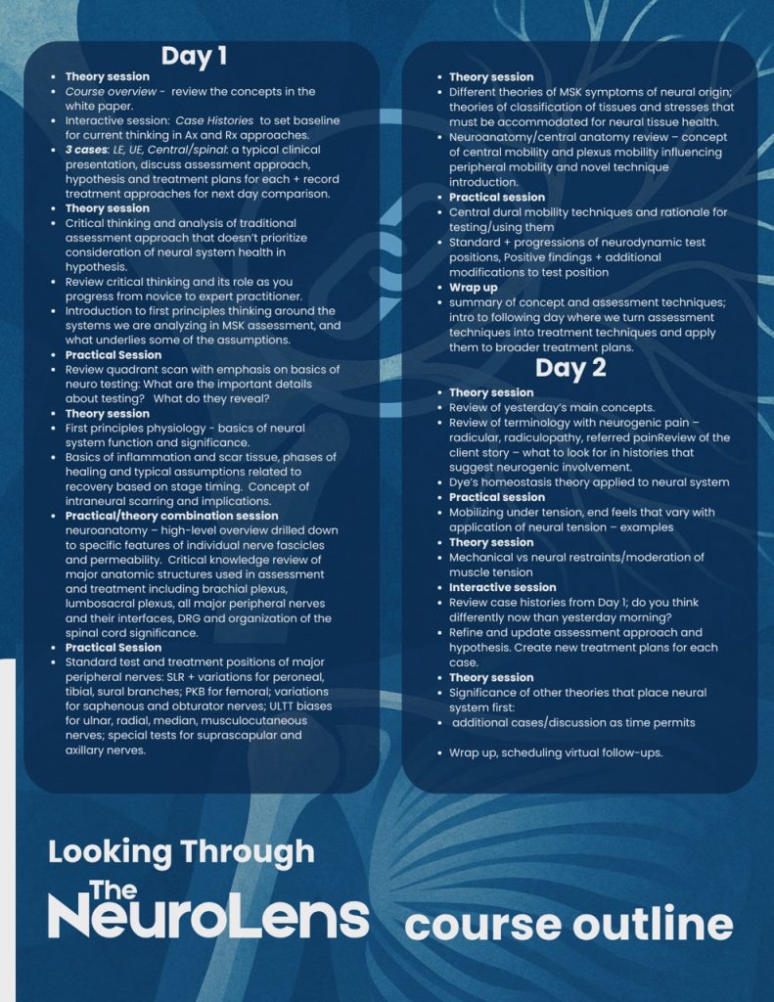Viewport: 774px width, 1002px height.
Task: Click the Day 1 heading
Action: [x=194, y=56]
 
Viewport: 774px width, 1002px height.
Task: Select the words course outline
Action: [x=568, y=924]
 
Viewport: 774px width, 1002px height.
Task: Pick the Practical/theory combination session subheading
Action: [x=171, y=516]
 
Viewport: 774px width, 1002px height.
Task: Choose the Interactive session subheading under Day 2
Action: [x=502, y=587]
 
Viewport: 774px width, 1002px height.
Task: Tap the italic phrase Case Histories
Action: [x=216, y=120]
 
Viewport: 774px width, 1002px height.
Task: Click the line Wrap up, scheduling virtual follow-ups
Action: [x=556, y=752]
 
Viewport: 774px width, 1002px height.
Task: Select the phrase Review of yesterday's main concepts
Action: [x=552, y=407]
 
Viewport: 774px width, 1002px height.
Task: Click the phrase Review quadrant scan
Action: [x=122, y=370]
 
